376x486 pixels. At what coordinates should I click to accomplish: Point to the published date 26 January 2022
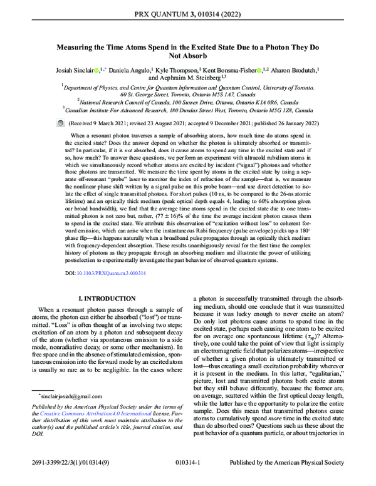[x=295, y=124]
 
